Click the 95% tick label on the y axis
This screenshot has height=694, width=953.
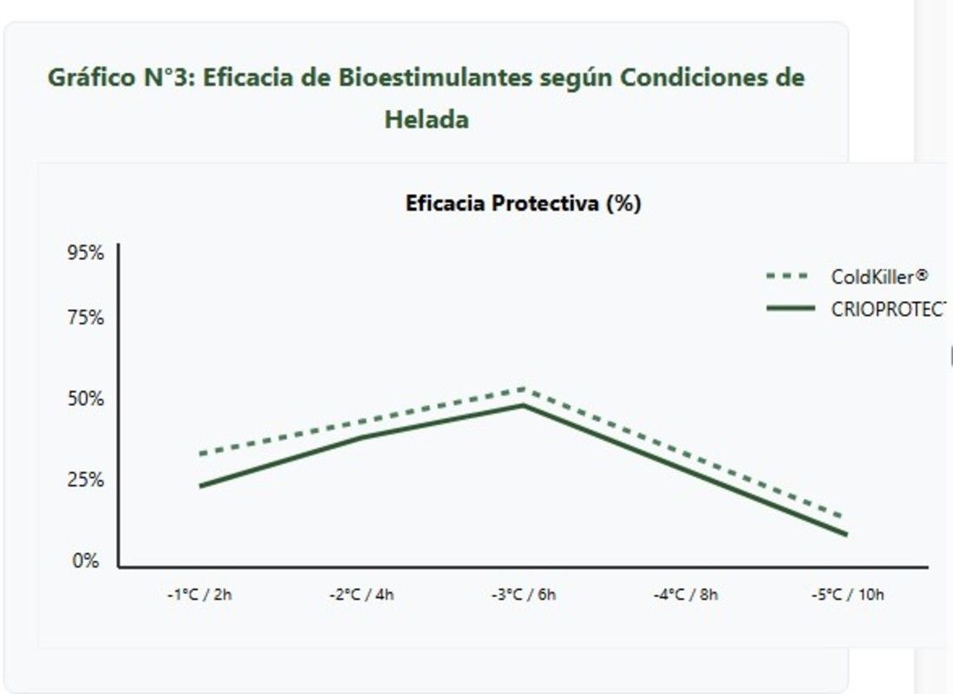[x=86, y=253]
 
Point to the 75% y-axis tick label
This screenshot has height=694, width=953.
[x=86, y=318]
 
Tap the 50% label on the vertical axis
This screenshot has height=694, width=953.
[x=86, y=399]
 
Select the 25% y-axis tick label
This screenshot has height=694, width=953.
[x=86, y=480]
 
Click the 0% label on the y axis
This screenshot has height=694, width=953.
[x=86, y=561]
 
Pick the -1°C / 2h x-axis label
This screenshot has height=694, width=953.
[x=199, y=595]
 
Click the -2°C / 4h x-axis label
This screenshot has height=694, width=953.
[x=362, y=595]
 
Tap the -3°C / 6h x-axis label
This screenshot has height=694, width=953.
[x=524, y=595]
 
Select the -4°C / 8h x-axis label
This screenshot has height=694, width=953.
[x=685, y=595]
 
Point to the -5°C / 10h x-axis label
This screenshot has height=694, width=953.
[x=847, y=595]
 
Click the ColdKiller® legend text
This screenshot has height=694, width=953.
[x=879, y=277]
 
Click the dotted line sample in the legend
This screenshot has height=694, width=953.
[x=788, y=277]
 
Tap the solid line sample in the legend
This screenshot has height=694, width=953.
[x=790, y=308]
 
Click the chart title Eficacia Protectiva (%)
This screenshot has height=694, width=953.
[x=523, y=203]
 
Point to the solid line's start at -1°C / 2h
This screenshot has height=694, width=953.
[x=200, y=486]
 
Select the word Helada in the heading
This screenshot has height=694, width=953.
[x=426, y=119]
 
